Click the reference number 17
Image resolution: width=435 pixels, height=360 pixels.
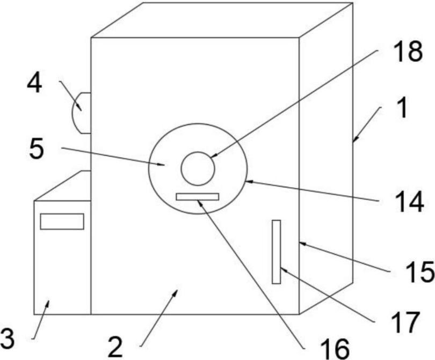404,323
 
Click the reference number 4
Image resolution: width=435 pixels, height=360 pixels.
35,84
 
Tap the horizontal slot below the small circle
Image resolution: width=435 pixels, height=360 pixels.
198,196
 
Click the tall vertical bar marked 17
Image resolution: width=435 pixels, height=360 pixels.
276,251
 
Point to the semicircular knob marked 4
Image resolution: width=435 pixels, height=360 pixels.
81,112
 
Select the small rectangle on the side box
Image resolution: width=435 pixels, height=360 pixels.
62,221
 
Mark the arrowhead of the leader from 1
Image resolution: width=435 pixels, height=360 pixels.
354,141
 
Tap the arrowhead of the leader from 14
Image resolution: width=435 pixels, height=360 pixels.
246,181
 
